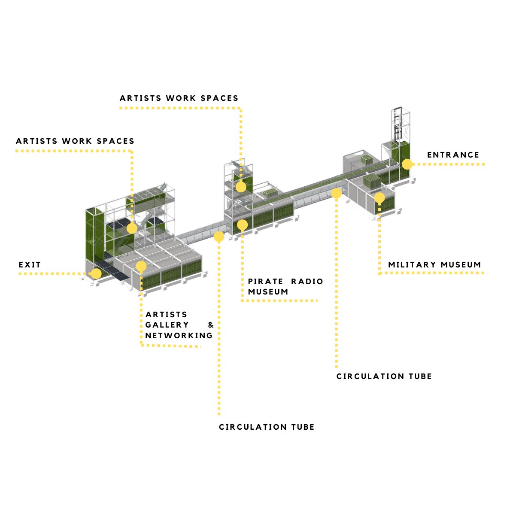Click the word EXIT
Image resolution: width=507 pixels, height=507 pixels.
click(30, 265)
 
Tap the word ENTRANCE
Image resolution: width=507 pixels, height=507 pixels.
click(453, 155)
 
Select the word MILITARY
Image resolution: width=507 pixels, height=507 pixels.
click(412, 265)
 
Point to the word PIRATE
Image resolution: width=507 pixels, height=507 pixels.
click(265, 282)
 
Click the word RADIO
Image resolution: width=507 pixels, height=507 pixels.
click(307, 282)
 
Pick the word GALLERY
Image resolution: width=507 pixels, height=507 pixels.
click(167, 325)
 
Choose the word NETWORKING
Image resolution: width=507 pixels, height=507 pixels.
click(179, 336)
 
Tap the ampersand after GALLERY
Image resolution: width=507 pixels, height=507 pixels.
click(210, 325)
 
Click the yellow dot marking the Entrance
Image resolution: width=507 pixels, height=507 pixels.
click(407, 164)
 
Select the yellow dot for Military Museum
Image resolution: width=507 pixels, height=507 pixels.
click(379, 197)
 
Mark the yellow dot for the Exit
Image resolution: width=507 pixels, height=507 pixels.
click(96, 273)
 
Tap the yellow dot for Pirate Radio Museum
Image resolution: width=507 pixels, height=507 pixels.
click(242, 225)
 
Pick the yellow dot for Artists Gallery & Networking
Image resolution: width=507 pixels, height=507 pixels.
click(141, 266)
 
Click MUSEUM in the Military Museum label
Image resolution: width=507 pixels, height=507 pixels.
click(461, 265)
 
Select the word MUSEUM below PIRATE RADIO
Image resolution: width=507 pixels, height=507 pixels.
click(268, 292)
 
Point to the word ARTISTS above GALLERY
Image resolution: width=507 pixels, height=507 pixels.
click(166, 315)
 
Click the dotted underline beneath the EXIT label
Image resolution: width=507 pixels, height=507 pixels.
click(52, 274)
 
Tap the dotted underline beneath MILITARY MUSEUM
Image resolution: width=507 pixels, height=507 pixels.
click(431, 273)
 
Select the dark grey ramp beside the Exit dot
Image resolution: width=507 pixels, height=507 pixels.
click(112, 270)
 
